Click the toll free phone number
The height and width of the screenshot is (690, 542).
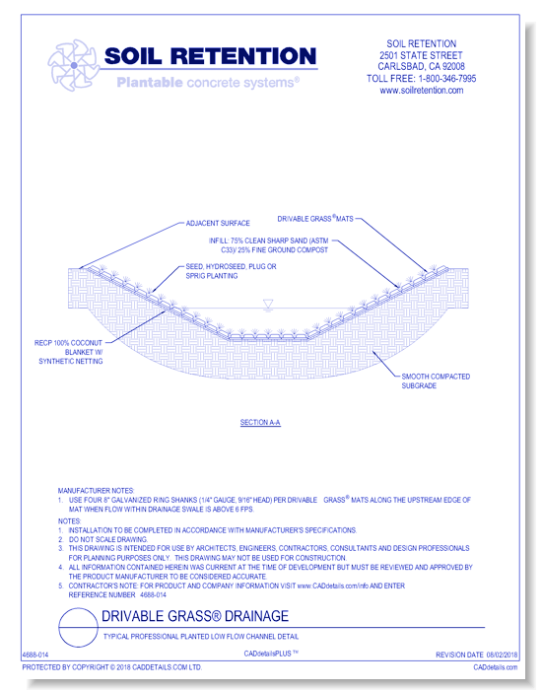(421, 79)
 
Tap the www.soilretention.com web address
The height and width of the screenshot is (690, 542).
(421, 91)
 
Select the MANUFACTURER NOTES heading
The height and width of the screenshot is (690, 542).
(96, 490)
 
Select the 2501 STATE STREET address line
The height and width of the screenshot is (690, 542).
(421, 55)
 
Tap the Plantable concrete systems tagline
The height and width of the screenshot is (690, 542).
(208, 84)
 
